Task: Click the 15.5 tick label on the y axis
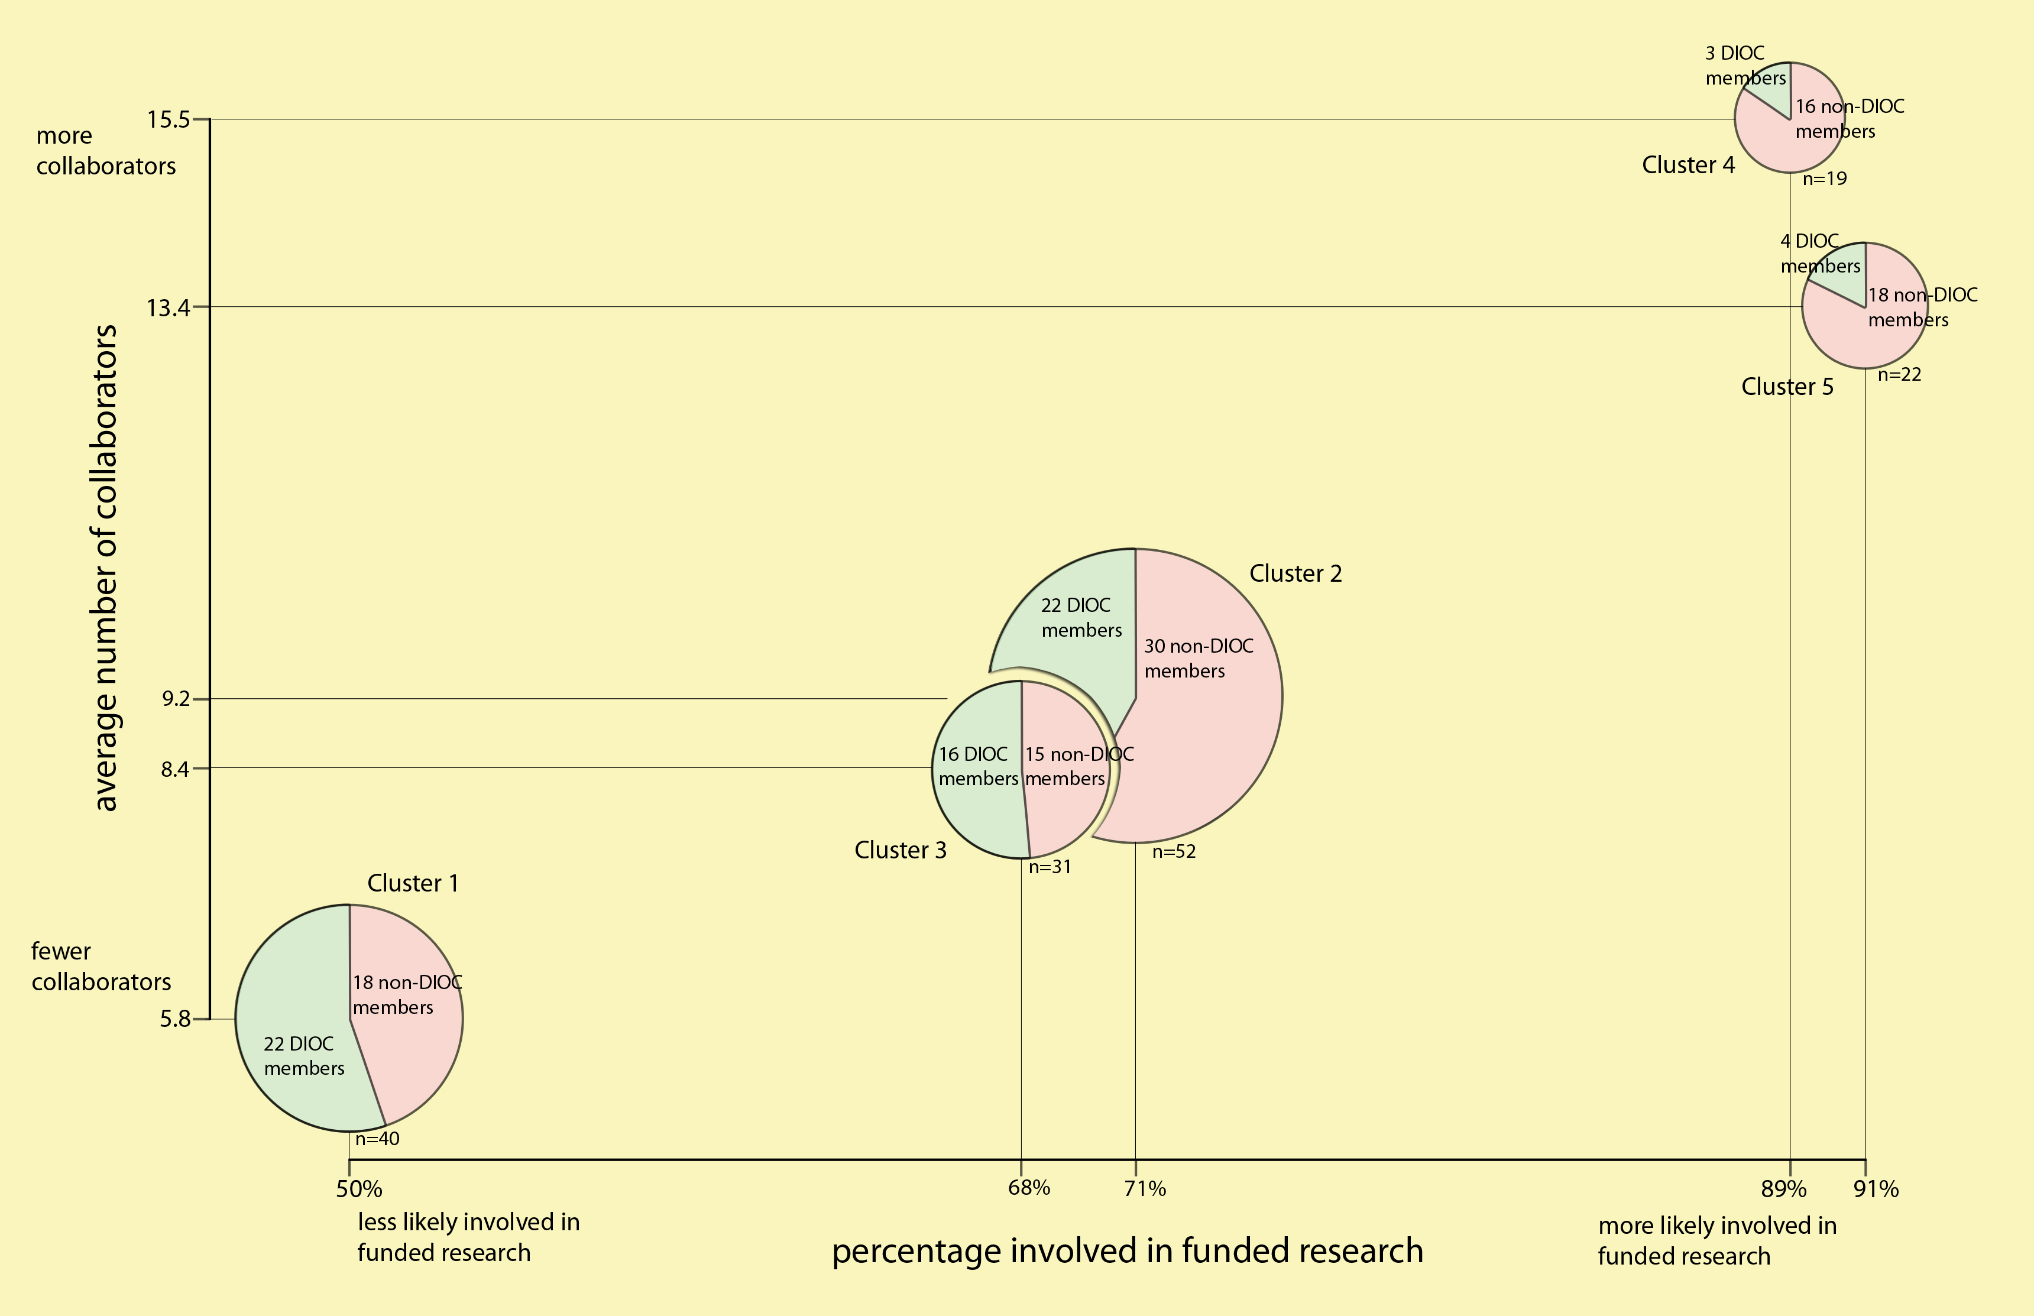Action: click(169, 119)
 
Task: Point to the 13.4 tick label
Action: click(169, 307)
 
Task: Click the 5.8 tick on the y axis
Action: click(174, 1019)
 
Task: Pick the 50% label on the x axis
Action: click(359, 1189)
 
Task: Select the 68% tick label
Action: click(1029, 1188)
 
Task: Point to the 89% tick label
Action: click(1784, 1189)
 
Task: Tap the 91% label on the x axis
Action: click(1876, 1189)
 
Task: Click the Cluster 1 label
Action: click(413, 884)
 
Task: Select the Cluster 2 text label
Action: click(1295, 573)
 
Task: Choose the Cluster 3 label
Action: click(901, 850)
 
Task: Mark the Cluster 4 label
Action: click(1689, 166)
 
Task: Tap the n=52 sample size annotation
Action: click(1174, 852)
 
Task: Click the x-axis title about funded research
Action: click(1127, 1251)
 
